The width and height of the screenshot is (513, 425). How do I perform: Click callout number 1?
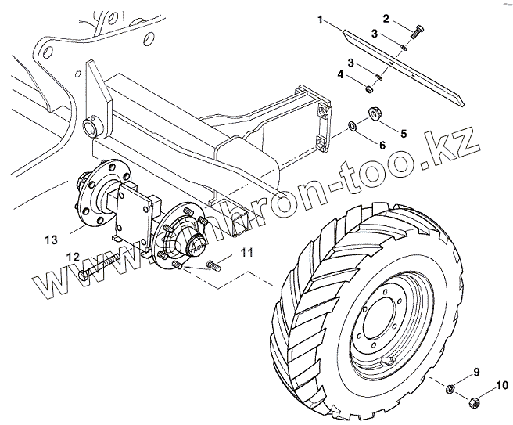tap(321, 17)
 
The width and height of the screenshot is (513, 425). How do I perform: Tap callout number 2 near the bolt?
tap(386, 17)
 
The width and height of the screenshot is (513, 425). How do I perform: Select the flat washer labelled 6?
tap(353, 125)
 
